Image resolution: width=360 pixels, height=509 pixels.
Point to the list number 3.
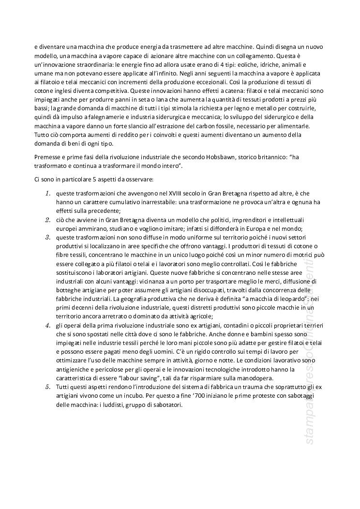pyautogui.click(x=48, y=237)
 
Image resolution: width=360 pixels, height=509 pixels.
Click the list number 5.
pyautogui.click(x=48, y=387)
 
